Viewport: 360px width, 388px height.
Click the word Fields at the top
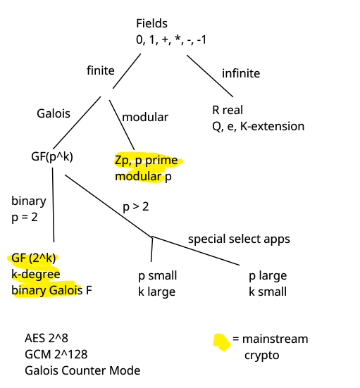151,23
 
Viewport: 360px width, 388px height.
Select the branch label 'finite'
101,70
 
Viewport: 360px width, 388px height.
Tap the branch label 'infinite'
241,73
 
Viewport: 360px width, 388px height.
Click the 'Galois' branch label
54,113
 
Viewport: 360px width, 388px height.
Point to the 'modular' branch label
145,117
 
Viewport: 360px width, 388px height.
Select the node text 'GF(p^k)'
52,156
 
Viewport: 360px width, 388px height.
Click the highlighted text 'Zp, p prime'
147,161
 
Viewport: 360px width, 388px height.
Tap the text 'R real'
228,110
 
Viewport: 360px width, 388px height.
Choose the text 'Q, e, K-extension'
259,127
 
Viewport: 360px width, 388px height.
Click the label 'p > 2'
136,207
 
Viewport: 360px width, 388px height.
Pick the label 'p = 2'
25,218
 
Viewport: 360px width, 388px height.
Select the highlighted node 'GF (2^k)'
33,258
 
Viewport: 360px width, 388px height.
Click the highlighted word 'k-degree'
36,275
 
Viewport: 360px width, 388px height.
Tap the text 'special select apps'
239,239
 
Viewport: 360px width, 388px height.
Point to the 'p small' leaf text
158,275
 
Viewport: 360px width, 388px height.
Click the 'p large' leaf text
268,275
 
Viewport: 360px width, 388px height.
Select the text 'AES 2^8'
46,338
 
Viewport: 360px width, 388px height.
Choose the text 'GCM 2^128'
56,354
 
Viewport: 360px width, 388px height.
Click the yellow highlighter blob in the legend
222,342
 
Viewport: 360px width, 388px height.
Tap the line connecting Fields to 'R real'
210,76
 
